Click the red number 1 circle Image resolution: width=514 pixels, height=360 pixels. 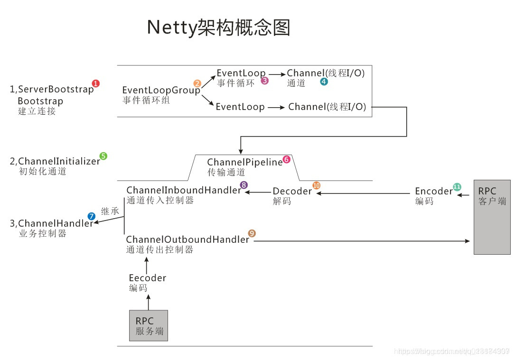tap(96, 83)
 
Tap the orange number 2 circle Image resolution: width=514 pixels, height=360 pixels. tap(197, 83)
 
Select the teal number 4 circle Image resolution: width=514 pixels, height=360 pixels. tap(324, 82)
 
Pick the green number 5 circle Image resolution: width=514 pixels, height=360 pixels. tap(103, 156)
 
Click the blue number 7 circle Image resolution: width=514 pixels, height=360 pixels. tap(91, 216)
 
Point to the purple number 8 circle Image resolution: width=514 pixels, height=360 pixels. tap(244, 185)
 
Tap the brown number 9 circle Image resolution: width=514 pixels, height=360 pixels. tap(252, 233)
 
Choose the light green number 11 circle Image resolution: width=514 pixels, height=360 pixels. tap(457, 187)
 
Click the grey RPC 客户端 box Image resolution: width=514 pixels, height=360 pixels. tap(492, 217)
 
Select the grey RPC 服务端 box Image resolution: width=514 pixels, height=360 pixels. tap(149, 325)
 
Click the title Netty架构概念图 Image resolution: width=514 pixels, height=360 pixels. tap(218, 28)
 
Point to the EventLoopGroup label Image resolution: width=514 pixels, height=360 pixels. tap(161, 90)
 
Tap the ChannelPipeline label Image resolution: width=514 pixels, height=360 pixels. tap(244, 163)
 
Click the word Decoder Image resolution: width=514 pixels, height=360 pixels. tap(292, 191)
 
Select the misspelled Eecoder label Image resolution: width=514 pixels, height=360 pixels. tap(148, 278)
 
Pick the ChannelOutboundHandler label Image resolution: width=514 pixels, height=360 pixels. tap(187, 240)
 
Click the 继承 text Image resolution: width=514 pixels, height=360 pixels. tap(110, 212)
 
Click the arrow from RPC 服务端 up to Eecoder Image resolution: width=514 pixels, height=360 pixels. tap(149, 302)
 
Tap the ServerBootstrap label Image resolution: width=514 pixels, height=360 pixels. tap(56, 89)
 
